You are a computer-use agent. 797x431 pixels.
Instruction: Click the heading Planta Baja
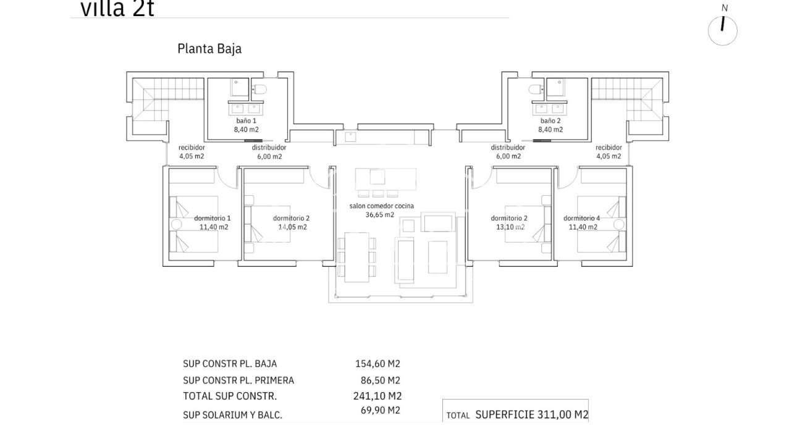[209, 49]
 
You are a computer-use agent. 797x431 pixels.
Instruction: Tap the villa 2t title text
[117, 9]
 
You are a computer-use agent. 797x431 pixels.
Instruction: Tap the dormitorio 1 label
[213, 218]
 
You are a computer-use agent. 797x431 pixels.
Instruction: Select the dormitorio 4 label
[581, 218]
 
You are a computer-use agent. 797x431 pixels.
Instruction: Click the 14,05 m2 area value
[292, 227]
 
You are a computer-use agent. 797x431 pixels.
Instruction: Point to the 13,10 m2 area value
[510, 227]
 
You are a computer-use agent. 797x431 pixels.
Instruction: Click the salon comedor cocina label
[381, 206]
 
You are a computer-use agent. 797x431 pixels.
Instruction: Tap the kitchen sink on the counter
[350, 135]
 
